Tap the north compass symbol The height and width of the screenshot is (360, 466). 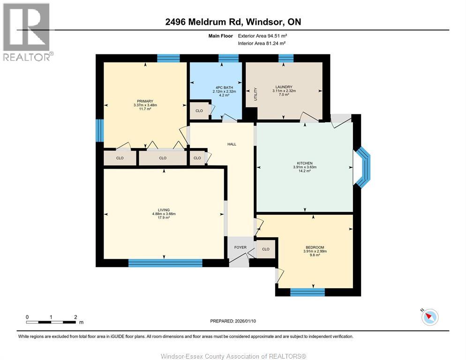tap(429, 317)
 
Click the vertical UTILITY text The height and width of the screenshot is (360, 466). tap(256, 94)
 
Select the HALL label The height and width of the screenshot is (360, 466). tap(232, 144)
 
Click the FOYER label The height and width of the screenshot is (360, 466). tap(241, 247)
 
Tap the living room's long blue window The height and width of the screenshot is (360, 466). tap(165, 263)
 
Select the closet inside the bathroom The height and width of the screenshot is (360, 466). tap(199, 111)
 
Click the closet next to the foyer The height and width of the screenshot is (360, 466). tap(266, 249)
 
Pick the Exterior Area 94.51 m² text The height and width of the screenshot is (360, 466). tap(263, 36)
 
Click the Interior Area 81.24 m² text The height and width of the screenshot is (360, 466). tap(262, 44)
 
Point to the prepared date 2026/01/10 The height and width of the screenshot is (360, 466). tap(233, 321)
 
